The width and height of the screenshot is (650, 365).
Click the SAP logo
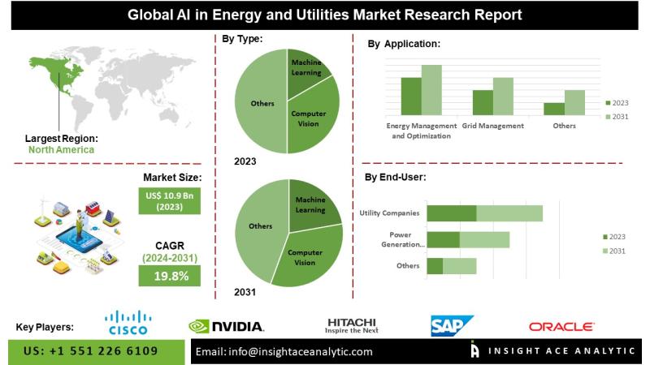click(x=452, y=326)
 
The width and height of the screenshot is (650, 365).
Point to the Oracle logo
click(x=561, y=326)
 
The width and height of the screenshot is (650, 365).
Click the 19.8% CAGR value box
click(x=168, y=275)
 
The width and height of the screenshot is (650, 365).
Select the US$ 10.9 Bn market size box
click(x=168, y=202)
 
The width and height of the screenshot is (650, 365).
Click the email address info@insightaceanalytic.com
click(x=284, y=352)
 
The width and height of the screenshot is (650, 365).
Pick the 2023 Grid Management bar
click(x=483, y=102)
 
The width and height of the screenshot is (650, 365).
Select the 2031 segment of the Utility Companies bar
click(x=509, y=213)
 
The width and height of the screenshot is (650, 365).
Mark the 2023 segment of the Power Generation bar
click(x=443, y=239)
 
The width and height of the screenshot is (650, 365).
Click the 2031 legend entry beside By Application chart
click(x=618, y=118)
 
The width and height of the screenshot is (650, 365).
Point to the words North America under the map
click(x=61, y=150)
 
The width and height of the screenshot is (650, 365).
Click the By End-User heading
click(x=395, y=176)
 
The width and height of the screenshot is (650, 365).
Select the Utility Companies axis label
click(x=390, y=213)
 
